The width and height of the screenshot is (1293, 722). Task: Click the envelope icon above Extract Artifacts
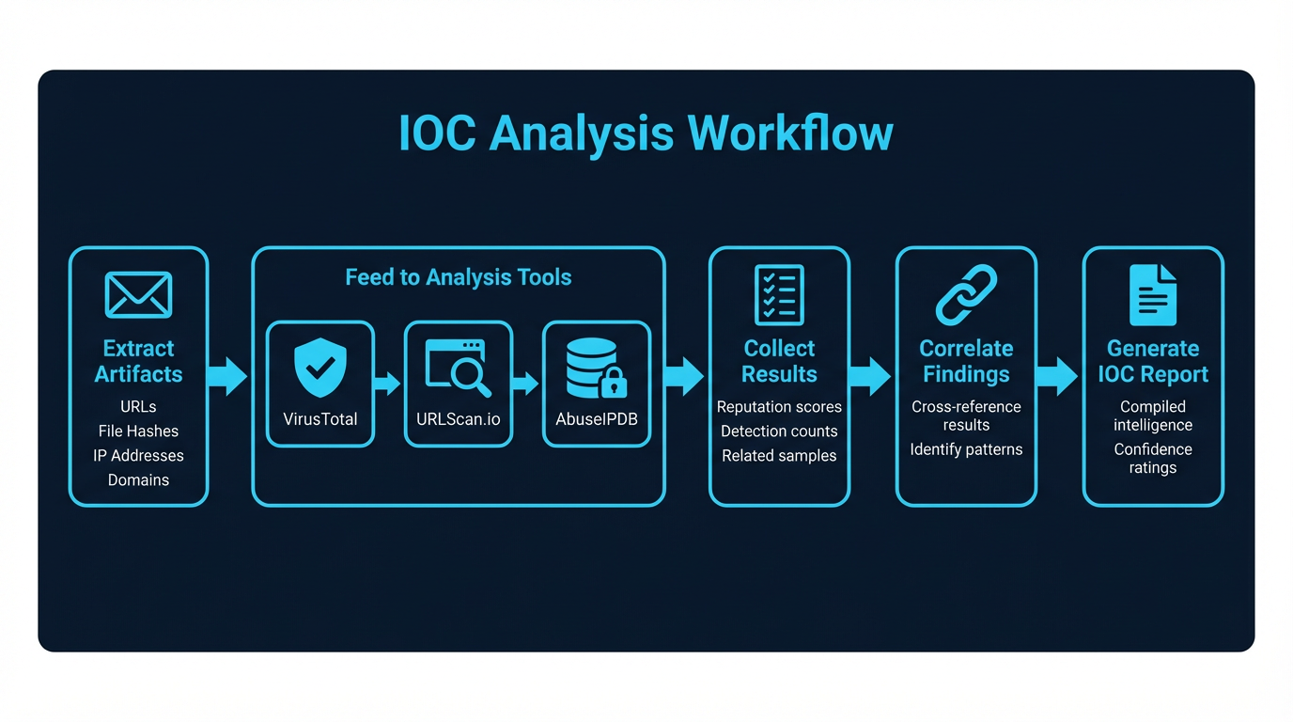pyautogui.click(x=138, y=295)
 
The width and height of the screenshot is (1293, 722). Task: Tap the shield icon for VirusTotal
pyautogui.click(x=320, y=368)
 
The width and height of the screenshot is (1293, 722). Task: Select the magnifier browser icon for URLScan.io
pyautogui.click(x=459, y=368)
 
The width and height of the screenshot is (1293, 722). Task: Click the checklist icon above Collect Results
pyautogui.click(x=779, y=295)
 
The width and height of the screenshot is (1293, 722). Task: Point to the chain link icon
pyautogui.click(x=966, y=295)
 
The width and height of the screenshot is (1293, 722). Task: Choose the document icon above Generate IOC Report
pyautogui.click(x=1153, y=295)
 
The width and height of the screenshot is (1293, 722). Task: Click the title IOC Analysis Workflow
pyautogui.click(x=646, y=133)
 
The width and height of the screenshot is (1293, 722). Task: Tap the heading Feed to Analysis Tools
pyautogui.click(x=459, y=277)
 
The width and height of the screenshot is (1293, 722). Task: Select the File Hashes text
pyautogui.click(x=138, y=432)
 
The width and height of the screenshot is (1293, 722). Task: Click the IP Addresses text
pyautogui.click(x=138, y=456)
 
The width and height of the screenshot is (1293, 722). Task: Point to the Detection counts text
pyautogui.click(x=779, y=432)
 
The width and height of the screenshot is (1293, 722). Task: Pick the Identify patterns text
pyautogui.click(x=966, y=449)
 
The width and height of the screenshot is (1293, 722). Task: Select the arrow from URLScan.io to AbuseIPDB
pyautogui.click(x=526, y=384)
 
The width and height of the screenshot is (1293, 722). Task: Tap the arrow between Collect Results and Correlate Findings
pyautogui.click(x=870, y=376)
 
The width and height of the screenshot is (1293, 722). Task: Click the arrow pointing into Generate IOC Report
pyautogui.click(x=1058, y=376)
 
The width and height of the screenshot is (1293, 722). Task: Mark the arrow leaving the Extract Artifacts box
pyautogui.click(x=227, y=376)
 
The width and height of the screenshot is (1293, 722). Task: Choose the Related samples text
pyautogui.click(x=779, y=456)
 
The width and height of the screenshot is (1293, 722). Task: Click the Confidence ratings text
pyautogui.click(x=1153, y=459)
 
